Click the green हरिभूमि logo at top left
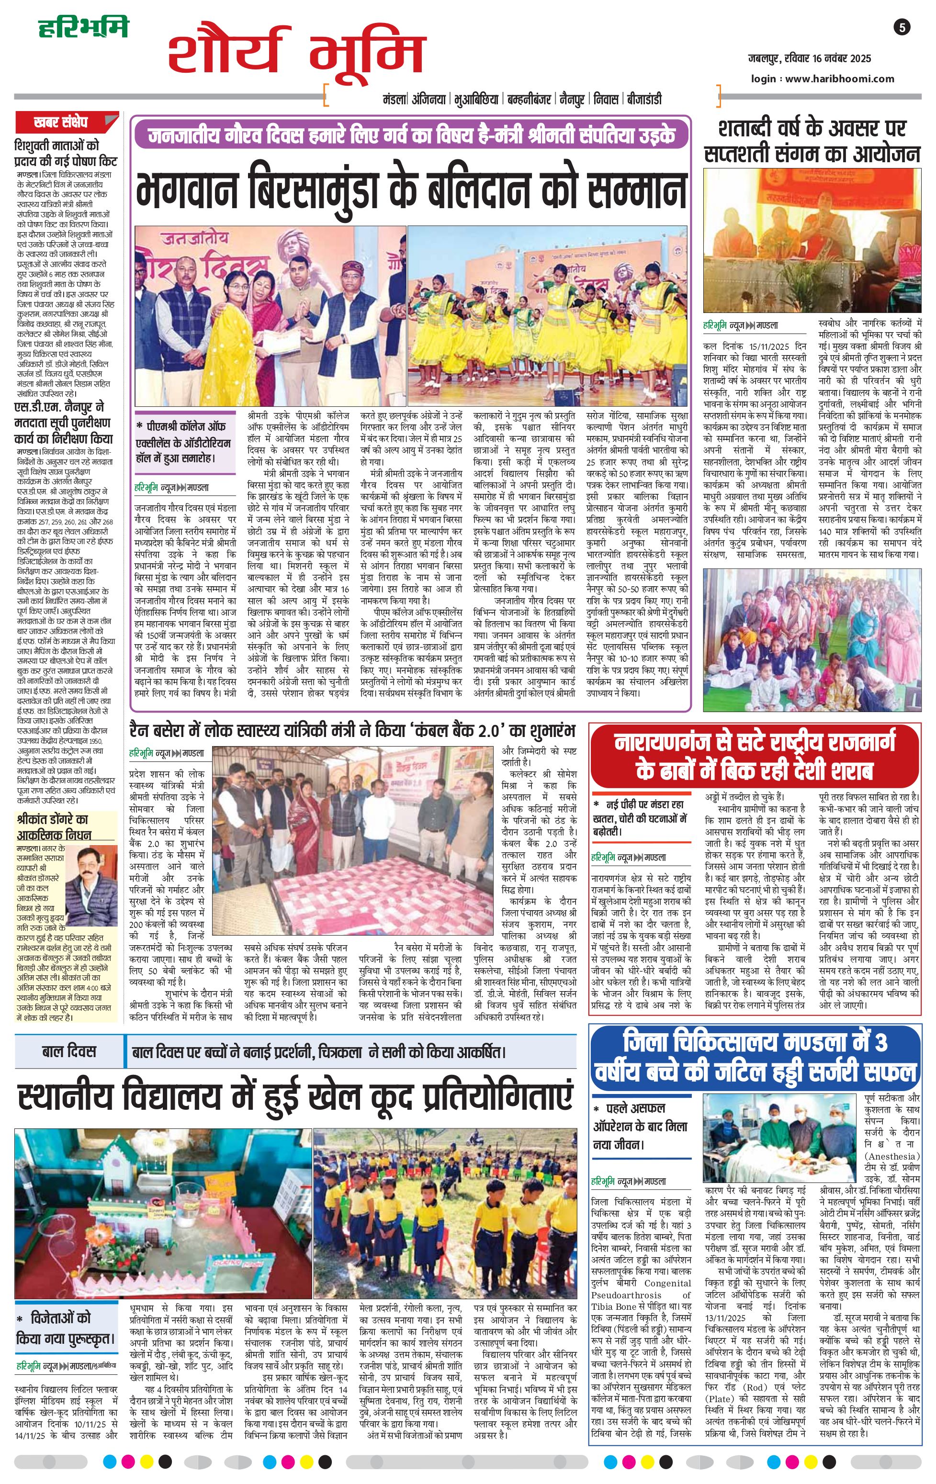click(x=83, y=28)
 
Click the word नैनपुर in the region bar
click(x=572, y=99)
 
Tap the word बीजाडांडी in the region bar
click(x=644, y=99)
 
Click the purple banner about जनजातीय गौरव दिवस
click(x=412, y=135)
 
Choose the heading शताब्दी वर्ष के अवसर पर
click(x=812, y=129)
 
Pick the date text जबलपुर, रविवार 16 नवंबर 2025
click(x=809, y=58)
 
